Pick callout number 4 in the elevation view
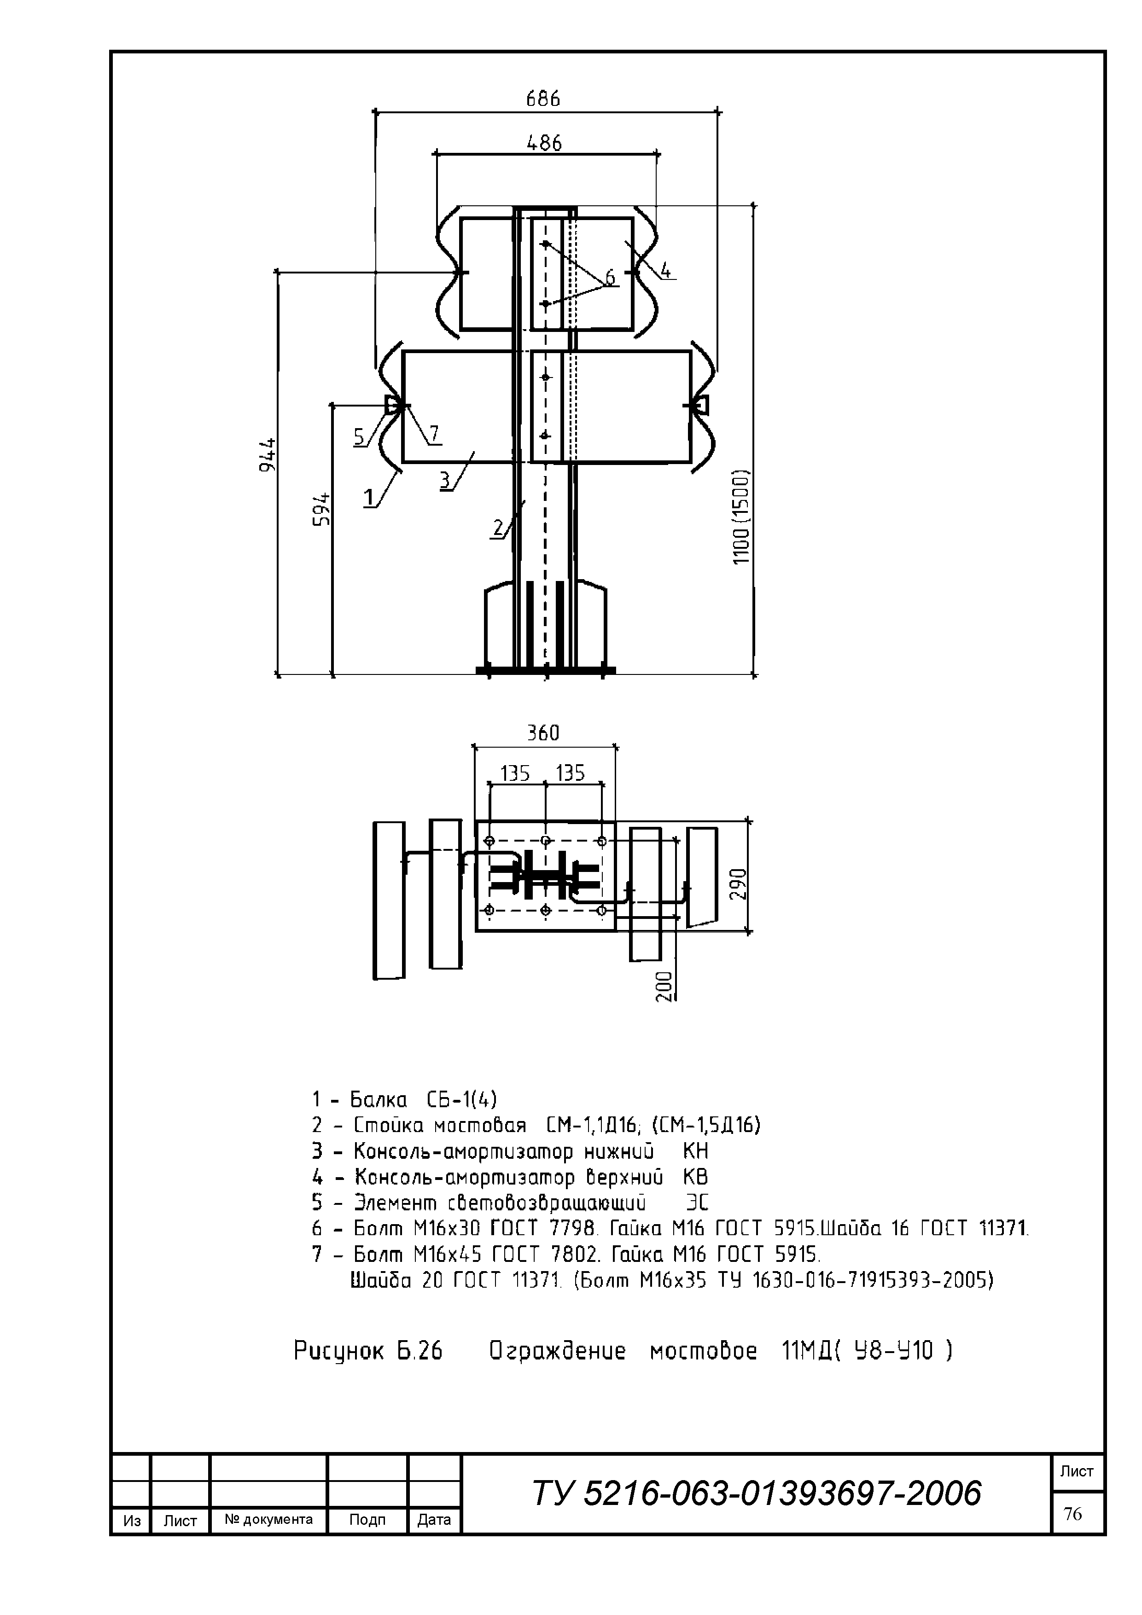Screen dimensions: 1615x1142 pyautogui.click(x=665, y=270)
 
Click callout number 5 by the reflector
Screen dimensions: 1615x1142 pyautogui.click(x=360, y=437)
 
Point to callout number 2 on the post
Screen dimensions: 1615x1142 pyautogui.click(x=498, y=528)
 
